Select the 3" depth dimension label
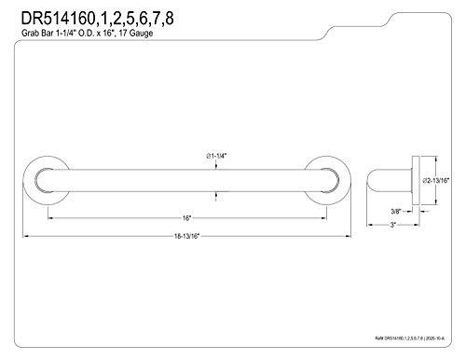(x=395, y=226)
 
